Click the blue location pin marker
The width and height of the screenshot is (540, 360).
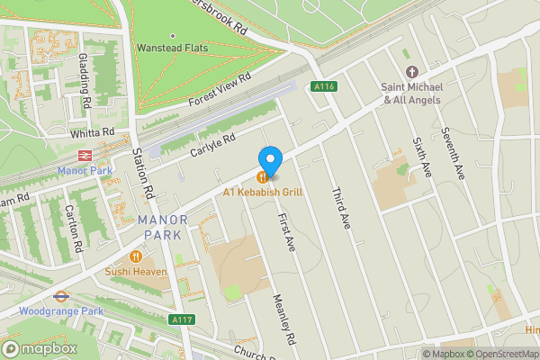click(x=271, y=158)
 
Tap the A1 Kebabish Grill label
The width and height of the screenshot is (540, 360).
click(x=263, y=193)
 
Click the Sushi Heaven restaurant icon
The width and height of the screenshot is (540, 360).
click(x=137, y=256)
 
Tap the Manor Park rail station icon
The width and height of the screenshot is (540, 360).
click(x=85, y=156)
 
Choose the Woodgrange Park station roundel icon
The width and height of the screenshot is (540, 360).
click(x=61, y=294)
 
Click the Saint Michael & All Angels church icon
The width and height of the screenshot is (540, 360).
click(x=412, y=72)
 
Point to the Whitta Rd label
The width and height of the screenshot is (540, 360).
click(x=95, y=132)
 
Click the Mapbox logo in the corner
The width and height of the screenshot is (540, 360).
click(x=40, y=348)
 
